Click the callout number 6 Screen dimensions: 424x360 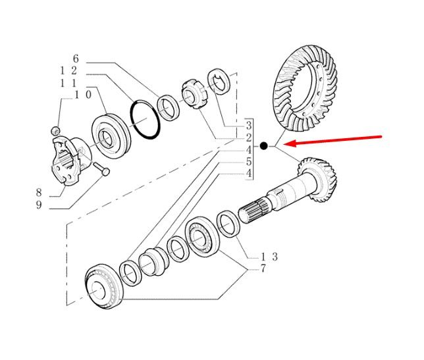click(x=76, y=59)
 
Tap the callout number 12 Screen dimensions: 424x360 click(x=68, y=71)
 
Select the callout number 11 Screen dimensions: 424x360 click(x=68, y=83)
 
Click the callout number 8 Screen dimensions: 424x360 click(x=39, y=193)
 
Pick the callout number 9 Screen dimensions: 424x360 click(x=39, y=205)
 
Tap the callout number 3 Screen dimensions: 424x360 click(x=249, y=125)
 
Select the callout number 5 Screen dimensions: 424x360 click(x=249, y=162)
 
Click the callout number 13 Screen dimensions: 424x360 click(x=269, y=257)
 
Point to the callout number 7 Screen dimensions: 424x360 click(x=263, y=269)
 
